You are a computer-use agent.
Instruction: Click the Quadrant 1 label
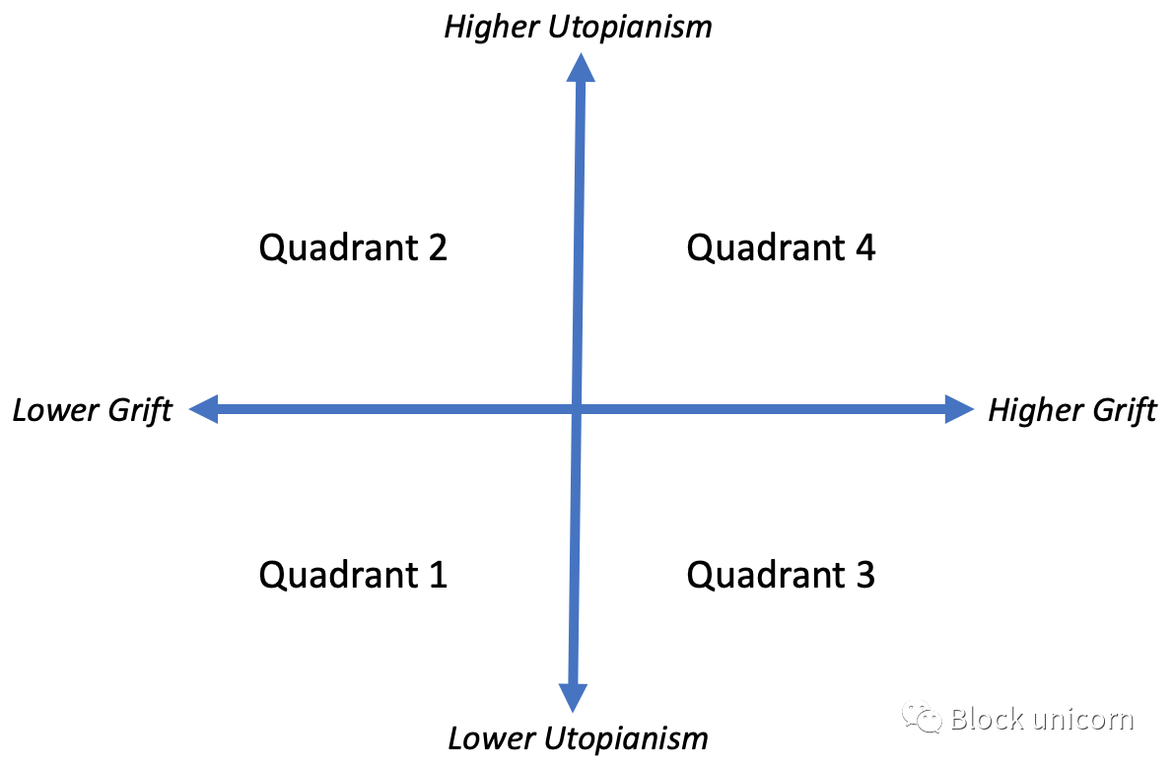(353, 576)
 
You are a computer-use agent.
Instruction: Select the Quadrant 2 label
(353, 247)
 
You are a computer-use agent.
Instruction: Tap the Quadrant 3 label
(781, 576)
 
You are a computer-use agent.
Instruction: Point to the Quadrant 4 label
(781, 247)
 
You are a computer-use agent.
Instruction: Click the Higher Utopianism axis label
(579, 28)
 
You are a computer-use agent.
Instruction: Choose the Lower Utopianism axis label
(579, 738)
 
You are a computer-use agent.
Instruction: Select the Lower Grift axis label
(93, 411)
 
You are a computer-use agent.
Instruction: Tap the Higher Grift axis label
(1072, 411)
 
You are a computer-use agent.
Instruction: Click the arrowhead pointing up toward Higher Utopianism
(581, 67)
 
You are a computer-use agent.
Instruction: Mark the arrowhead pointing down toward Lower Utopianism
(573, 697)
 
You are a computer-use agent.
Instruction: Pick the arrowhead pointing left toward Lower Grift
(203, 409)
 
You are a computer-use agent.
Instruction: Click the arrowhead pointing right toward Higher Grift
(960, 409)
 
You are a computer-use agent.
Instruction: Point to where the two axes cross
(577, 409)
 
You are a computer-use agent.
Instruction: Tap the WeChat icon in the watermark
(922, 718)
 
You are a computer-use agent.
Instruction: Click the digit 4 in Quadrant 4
(865, 247)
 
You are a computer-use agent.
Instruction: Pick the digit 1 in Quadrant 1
(439, 576)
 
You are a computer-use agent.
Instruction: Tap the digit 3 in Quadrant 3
(865, 576)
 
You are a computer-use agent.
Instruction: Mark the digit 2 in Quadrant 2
(439, 247)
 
